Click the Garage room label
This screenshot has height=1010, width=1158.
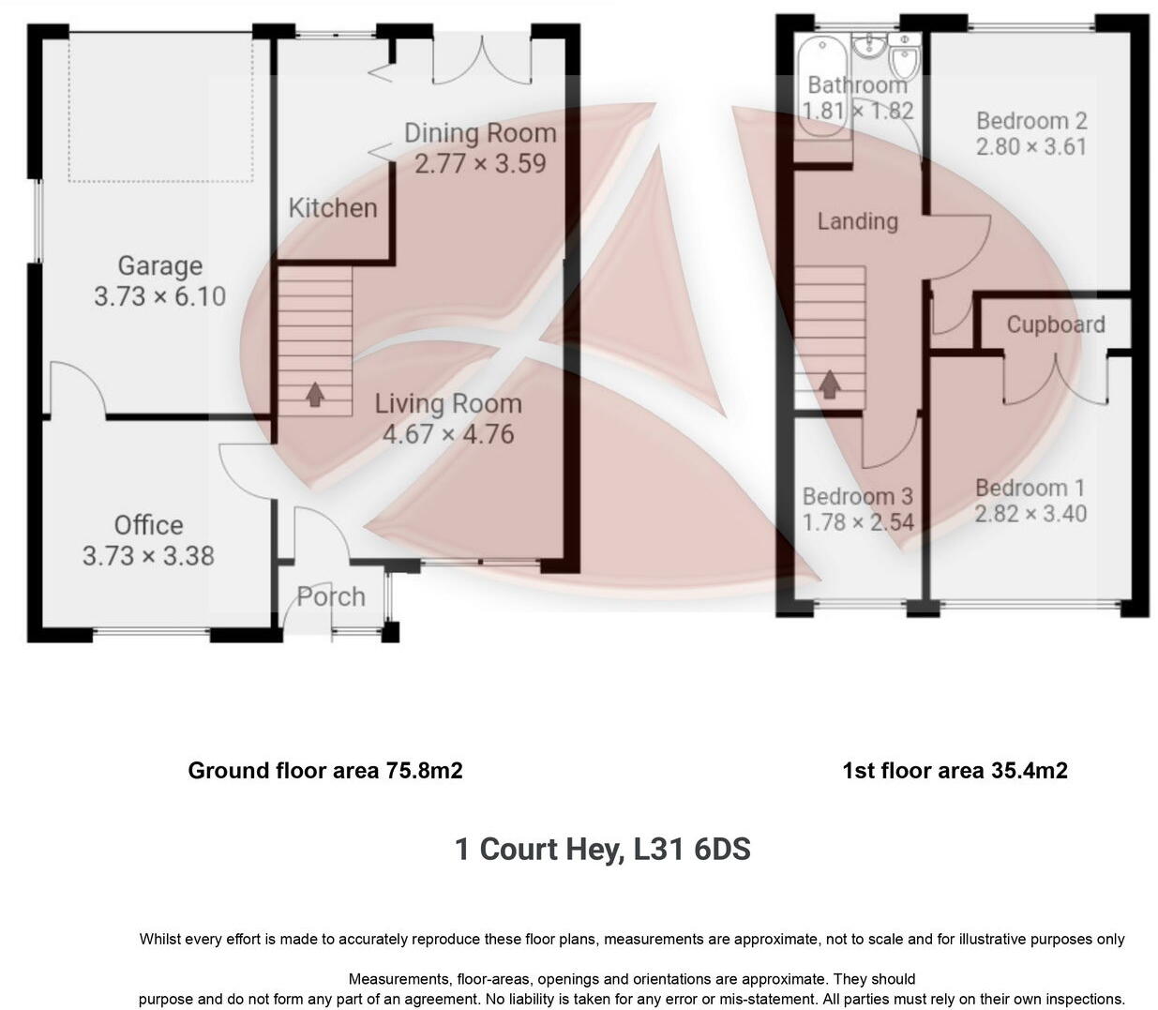pyautogui.click(x=159, y=266)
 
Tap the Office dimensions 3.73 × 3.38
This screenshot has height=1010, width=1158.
pyautogui.click(x=148, y=556)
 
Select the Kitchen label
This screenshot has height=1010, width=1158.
pyautogui.click(x=333, y=207)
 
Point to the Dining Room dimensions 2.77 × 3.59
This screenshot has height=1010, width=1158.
pyautogui.click(x=480, y=163)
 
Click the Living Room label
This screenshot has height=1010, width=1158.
pyautogui.click(x=448, y=404)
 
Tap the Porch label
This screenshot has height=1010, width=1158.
pyautogui.click(x=331, y=596)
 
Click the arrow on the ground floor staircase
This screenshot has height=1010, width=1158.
pyautogui.click(x=315, y=394)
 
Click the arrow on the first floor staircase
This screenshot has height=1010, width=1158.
pyautogui.click(x=829, y=384)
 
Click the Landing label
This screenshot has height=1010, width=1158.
pyautogui.click(x=857, y=221)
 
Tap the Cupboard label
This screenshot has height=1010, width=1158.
pyautogui.click(x=1055, y=324)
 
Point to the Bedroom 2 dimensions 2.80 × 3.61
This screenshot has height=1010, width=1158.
pyautogui.click(x=1031, y=147)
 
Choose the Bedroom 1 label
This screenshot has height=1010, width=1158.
pyautogui.click(x=1030, y=488)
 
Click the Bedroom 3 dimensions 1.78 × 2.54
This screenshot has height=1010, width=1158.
pyautogui.click(x=857, y=522)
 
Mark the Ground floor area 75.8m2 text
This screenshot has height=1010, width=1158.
pyautogui.click(x=325, y=771)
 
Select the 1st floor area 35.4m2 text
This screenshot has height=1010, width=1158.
pyautogui.click(x=955, y=771)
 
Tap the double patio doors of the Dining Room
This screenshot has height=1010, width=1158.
pyautogui.click(x=482, y=58)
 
